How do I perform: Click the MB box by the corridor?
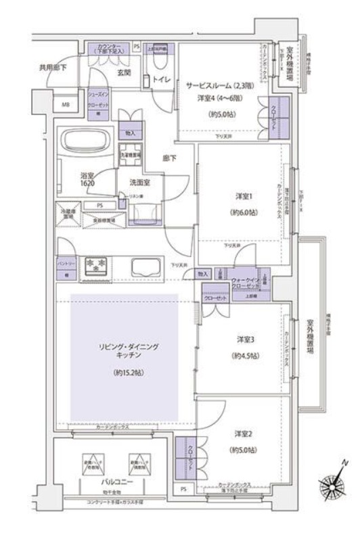(x=65, y=105)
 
